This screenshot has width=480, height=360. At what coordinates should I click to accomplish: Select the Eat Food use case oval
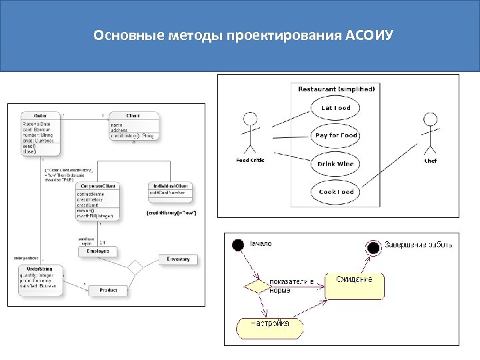click(x=335, y=108)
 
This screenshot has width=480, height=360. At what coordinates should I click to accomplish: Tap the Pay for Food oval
click(x=335, y=135)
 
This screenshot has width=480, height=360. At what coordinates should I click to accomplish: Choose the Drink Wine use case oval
click(x=335, y=163)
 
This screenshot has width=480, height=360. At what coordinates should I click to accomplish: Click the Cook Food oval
click(x=335, y=192)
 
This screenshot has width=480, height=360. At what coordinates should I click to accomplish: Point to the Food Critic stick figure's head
click(x=250, y=120)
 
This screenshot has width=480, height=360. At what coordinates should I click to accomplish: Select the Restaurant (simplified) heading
click(x=336, y=89)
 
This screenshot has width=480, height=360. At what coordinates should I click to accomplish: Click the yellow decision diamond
click(x=254, y=287)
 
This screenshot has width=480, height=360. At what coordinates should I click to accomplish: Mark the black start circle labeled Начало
click(x=237, y=245)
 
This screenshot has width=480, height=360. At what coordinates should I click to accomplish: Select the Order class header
click(x=40, y=115)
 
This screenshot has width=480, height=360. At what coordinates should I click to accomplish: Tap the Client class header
click(x=133, y=116)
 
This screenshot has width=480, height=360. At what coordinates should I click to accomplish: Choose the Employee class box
click(x=97, y=251)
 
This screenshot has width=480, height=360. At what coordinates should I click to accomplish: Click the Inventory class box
click(x=178, y=259)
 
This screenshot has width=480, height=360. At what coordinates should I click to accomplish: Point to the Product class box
click(x=108, y=291)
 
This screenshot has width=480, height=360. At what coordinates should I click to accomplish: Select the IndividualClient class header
click(x=171, y=185)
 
